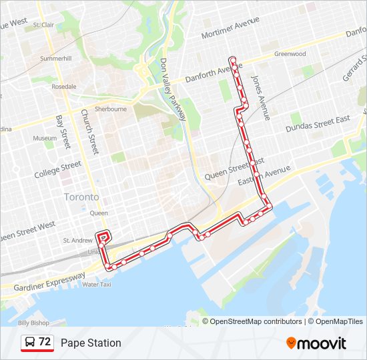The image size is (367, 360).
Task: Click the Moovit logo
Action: pyautogui.click(x=316, y=343)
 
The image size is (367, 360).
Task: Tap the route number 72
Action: pyautogui.click(x=45, y=342)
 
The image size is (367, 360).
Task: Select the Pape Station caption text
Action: pyautogui.click(x=91, y=343)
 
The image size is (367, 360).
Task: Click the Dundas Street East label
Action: pyautogui.click(x=318, y=123)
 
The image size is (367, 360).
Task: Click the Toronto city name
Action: pyautogui.click(x=81, y=197)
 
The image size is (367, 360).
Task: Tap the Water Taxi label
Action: pyautogui.click(x=96, y=285)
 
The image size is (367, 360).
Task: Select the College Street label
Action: pyautogui.click(x=58, y=169)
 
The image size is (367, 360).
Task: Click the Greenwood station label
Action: pyautogui.click(x=290, y=54)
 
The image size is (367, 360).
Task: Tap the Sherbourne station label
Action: pyautogui.click(x=110, y=109)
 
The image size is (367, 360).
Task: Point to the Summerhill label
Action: pyautogui.click(x=55, y=59)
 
